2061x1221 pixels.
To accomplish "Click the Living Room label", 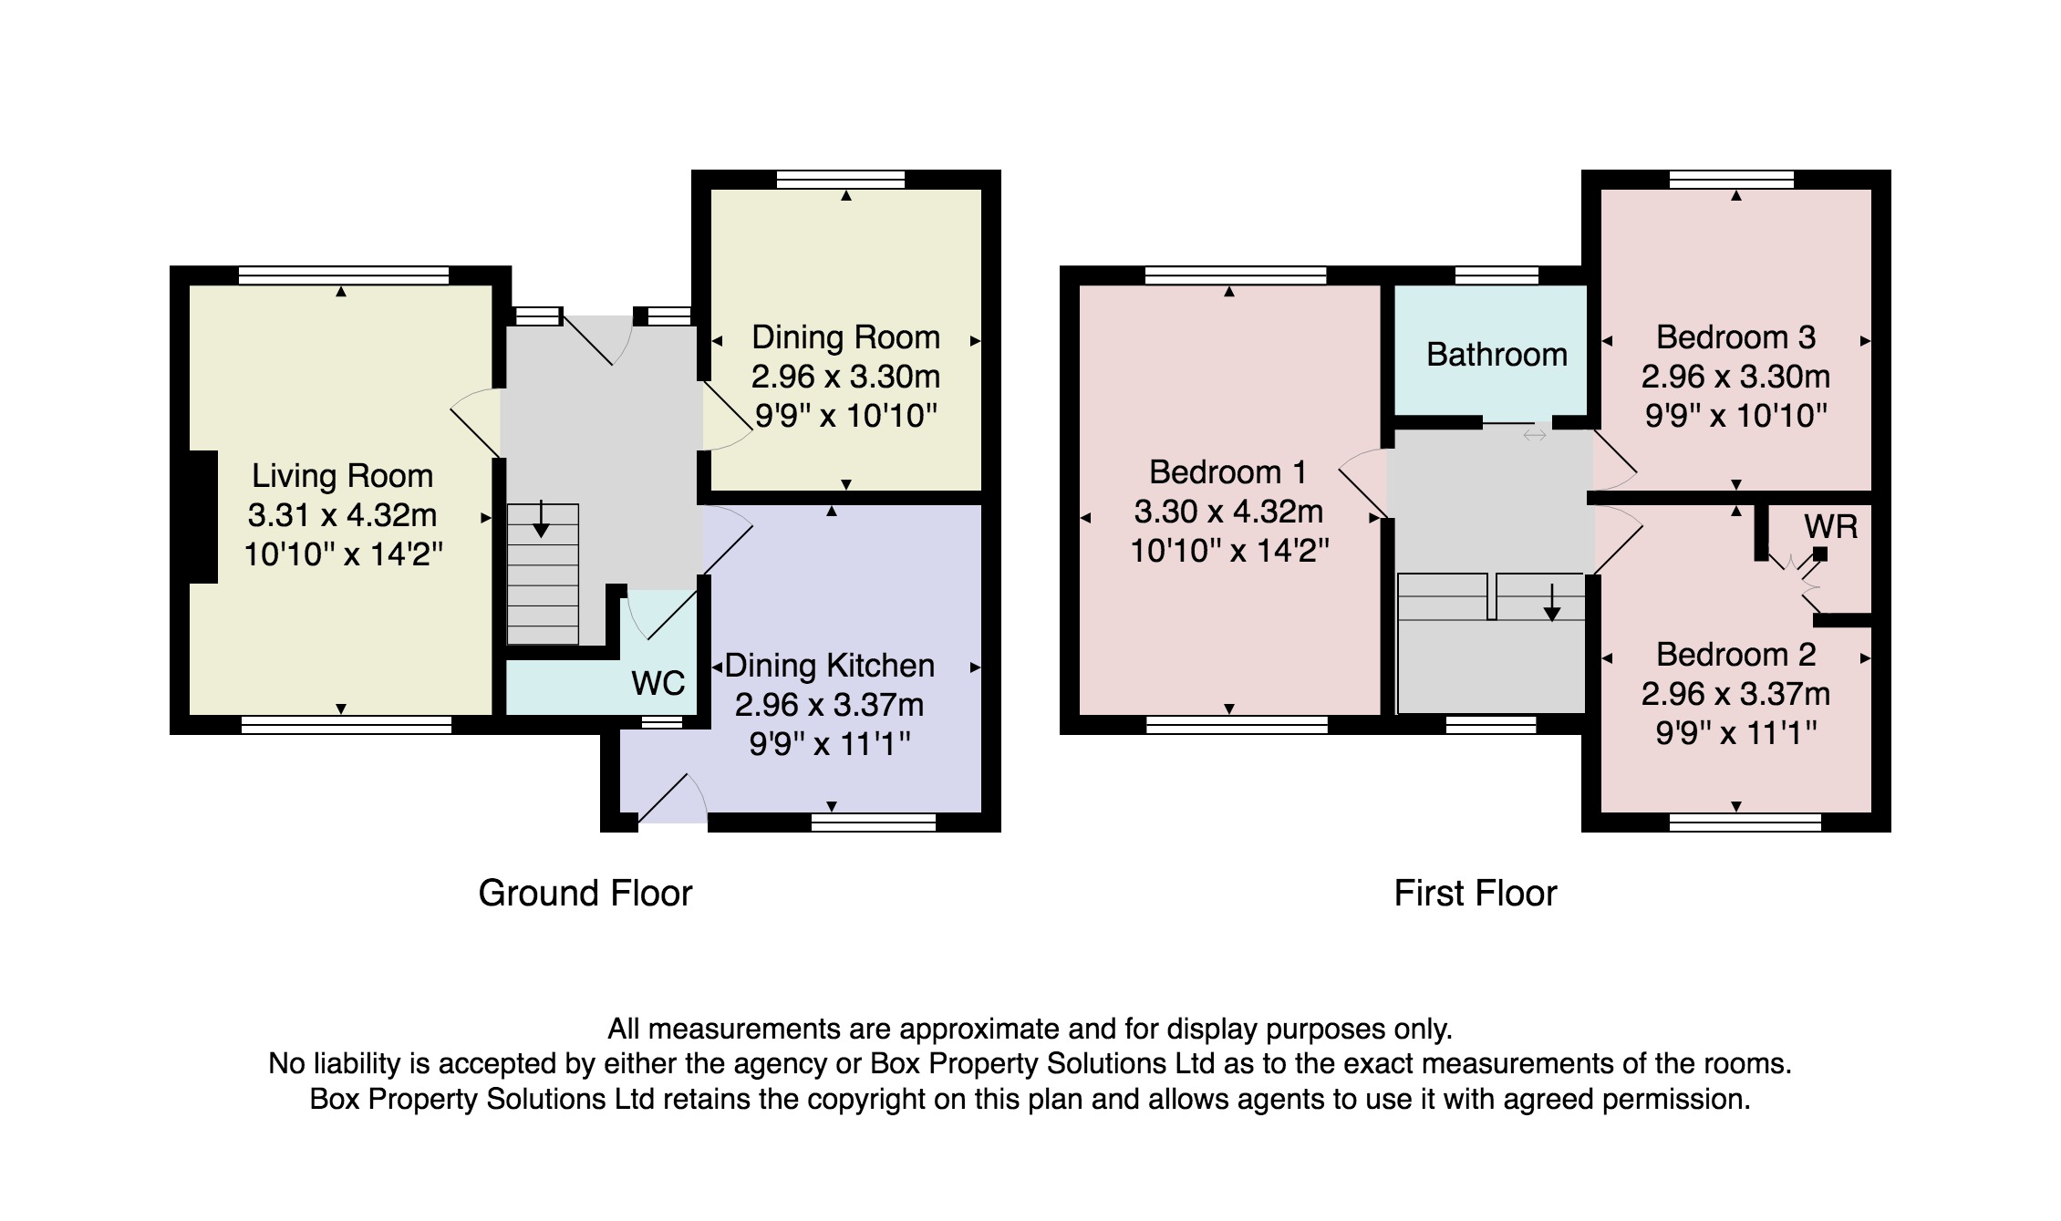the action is pos(342,476).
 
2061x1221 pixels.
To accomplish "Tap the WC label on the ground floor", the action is pos(658,683).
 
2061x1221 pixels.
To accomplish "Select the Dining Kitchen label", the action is pos(830,666).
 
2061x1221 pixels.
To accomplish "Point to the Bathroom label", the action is pos(1497,354).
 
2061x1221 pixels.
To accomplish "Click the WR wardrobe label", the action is pos(1830,526).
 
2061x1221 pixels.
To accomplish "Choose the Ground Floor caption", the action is pos(585,894).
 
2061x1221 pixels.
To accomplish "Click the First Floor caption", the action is pos(1476,894).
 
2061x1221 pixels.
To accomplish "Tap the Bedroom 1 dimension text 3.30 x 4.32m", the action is pos(1228,512).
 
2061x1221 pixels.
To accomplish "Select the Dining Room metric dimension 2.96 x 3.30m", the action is pos(845,377).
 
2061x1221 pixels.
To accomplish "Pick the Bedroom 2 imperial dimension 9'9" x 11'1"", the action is pos(1736,733).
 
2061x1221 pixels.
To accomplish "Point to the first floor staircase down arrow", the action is pos(1551,602).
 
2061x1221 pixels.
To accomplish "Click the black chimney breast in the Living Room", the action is pos(202,516).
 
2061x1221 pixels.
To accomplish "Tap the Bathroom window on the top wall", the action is pos(1497,275).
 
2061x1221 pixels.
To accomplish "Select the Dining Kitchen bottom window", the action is pos(874,823).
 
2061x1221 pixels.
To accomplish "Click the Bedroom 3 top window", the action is pos(1732,180).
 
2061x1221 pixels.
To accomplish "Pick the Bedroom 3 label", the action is pos(1736,337).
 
